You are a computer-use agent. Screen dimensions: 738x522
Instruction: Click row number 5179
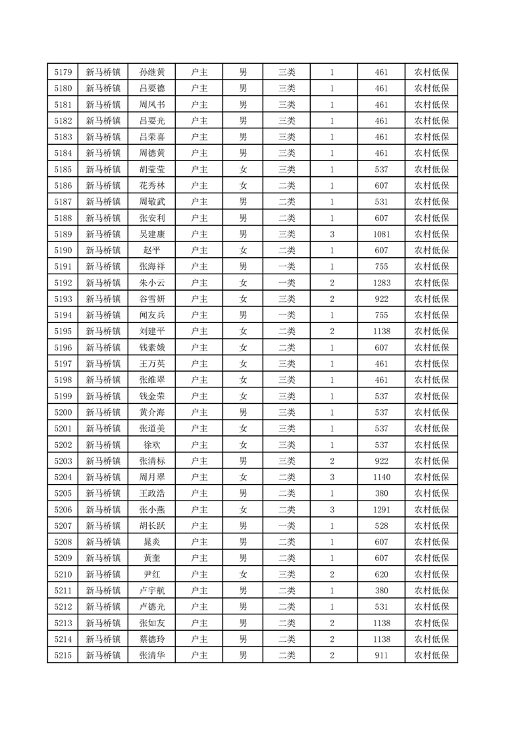click(x=63, y=72)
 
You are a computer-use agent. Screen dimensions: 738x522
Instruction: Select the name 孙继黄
click(x=152, y=72)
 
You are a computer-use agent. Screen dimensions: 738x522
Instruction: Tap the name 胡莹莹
click(x=152, y=170)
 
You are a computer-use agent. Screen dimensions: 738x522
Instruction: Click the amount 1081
click(x=381, y=234)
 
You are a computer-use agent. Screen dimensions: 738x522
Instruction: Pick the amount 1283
click(x=381, y=283)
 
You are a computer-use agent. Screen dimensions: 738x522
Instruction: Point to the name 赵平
click(x=152, y=251)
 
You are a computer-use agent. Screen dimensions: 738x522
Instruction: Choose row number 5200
click(x=63, y=412)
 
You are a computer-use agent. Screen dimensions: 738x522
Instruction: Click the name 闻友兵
click(x=152, y=315)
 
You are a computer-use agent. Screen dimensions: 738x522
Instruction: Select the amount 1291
click(x=381, y=510)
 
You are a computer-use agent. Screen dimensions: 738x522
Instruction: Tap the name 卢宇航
click(x=152, y=591)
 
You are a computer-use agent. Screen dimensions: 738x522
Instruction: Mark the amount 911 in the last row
click(x=381, y=655)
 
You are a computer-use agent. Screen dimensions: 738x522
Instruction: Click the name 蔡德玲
click(x=152, y=639)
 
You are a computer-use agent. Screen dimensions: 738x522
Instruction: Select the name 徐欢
click(x=152, y=445)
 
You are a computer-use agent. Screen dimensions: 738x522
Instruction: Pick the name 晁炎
click(x=152, y=542)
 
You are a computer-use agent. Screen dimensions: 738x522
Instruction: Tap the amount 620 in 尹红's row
click(x=381, y=574)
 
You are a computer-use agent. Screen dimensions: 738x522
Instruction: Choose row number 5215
click(x=63, y=655)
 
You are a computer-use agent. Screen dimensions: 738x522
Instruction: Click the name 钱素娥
click(x=152, y=348)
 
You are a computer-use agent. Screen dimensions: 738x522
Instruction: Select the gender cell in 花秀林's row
click(x=243, y=186)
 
